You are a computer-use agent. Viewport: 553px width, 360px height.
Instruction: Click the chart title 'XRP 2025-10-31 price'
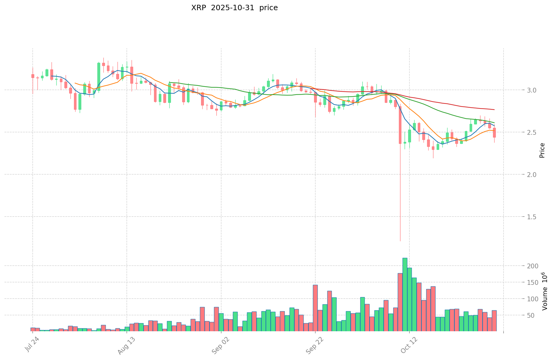234,8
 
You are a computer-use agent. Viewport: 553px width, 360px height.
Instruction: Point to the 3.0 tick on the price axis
515,90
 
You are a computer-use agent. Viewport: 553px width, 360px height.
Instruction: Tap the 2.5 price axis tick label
515,132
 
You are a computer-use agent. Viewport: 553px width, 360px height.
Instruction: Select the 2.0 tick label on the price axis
515,175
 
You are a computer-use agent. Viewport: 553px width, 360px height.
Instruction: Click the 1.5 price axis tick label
515,217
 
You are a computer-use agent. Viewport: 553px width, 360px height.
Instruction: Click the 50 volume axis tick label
518,315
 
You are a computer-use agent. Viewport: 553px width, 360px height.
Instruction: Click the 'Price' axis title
542,150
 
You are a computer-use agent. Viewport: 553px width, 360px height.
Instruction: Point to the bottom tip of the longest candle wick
400,241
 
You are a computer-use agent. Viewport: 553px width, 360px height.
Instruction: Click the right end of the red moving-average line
494,110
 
